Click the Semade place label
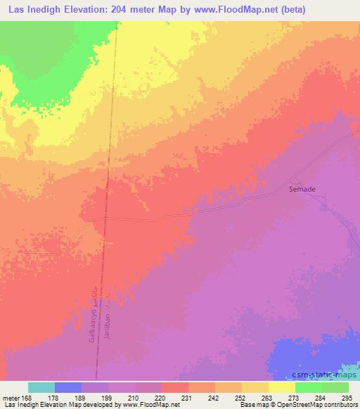tap(302, 189)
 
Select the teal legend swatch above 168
tap(41, 387)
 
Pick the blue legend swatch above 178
tap(68, 387)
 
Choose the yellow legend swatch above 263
tap(255, 387)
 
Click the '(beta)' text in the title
tap(337, 9)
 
